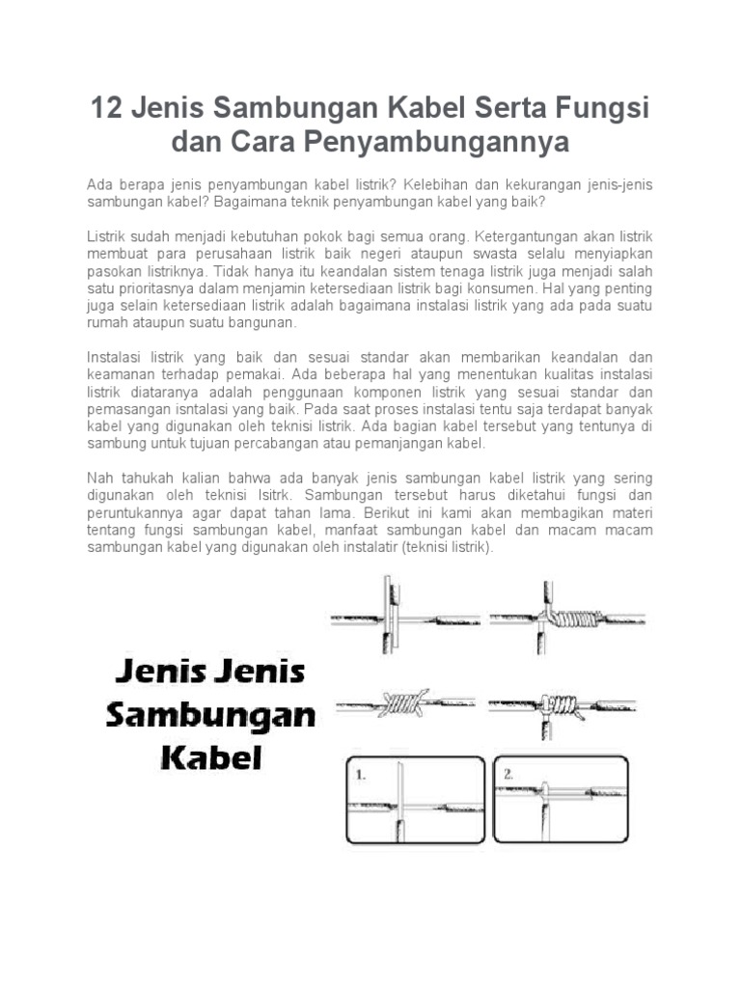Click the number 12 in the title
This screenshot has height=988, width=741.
(105, 108)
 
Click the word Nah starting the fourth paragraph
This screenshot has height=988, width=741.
(100, 478)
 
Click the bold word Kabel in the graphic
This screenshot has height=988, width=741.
(210, 754)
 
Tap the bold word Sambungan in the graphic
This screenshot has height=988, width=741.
(210, 714)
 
